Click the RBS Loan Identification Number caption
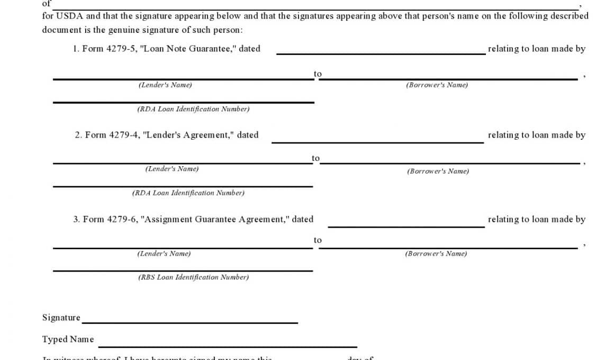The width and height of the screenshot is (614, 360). coord(193,277)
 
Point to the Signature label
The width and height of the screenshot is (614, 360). coord(61,318)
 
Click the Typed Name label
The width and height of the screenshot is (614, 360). coord(68,339)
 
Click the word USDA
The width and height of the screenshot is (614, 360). coord(69,16)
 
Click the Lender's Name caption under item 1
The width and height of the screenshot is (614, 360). coord(165,85)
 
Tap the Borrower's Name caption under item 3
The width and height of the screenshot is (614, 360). coord(436,254)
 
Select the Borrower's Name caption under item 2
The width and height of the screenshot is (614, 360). coord(438,171)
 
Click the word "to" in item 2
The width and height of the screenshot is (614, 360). coord(316,158)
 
